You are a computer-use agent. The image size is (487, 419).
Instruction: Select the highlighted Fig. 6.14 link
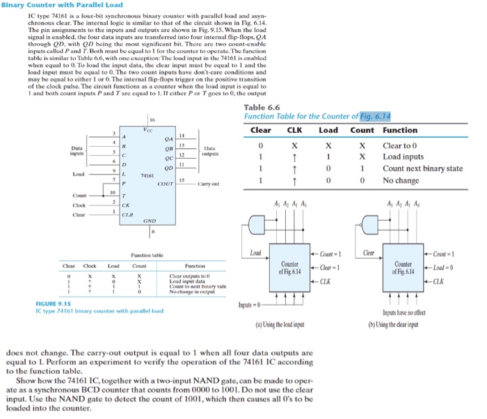pyautogui.click(x=376, y=116)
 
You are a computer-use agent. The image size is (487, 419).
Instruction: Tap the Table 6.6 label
pyautogui.click(x=262, y=107)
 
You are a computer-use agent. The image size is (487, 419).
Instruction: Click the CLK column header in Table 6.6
pyautogui.click(x=294, y=130)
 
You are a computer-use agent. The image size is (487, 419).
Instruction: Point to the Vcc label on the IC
pyautogui.click(x=147, y=129)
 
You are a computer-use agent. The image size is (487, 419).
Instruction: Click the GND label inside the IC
pyautogui.click(x=149, y=221)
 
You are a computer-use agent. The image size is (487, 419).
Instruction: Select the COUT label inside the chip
pyautogui.click(x=165, y=184)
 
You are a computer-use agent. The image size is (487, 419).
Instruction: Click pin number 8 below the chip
pyautogui.click(x=152, y=231)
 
